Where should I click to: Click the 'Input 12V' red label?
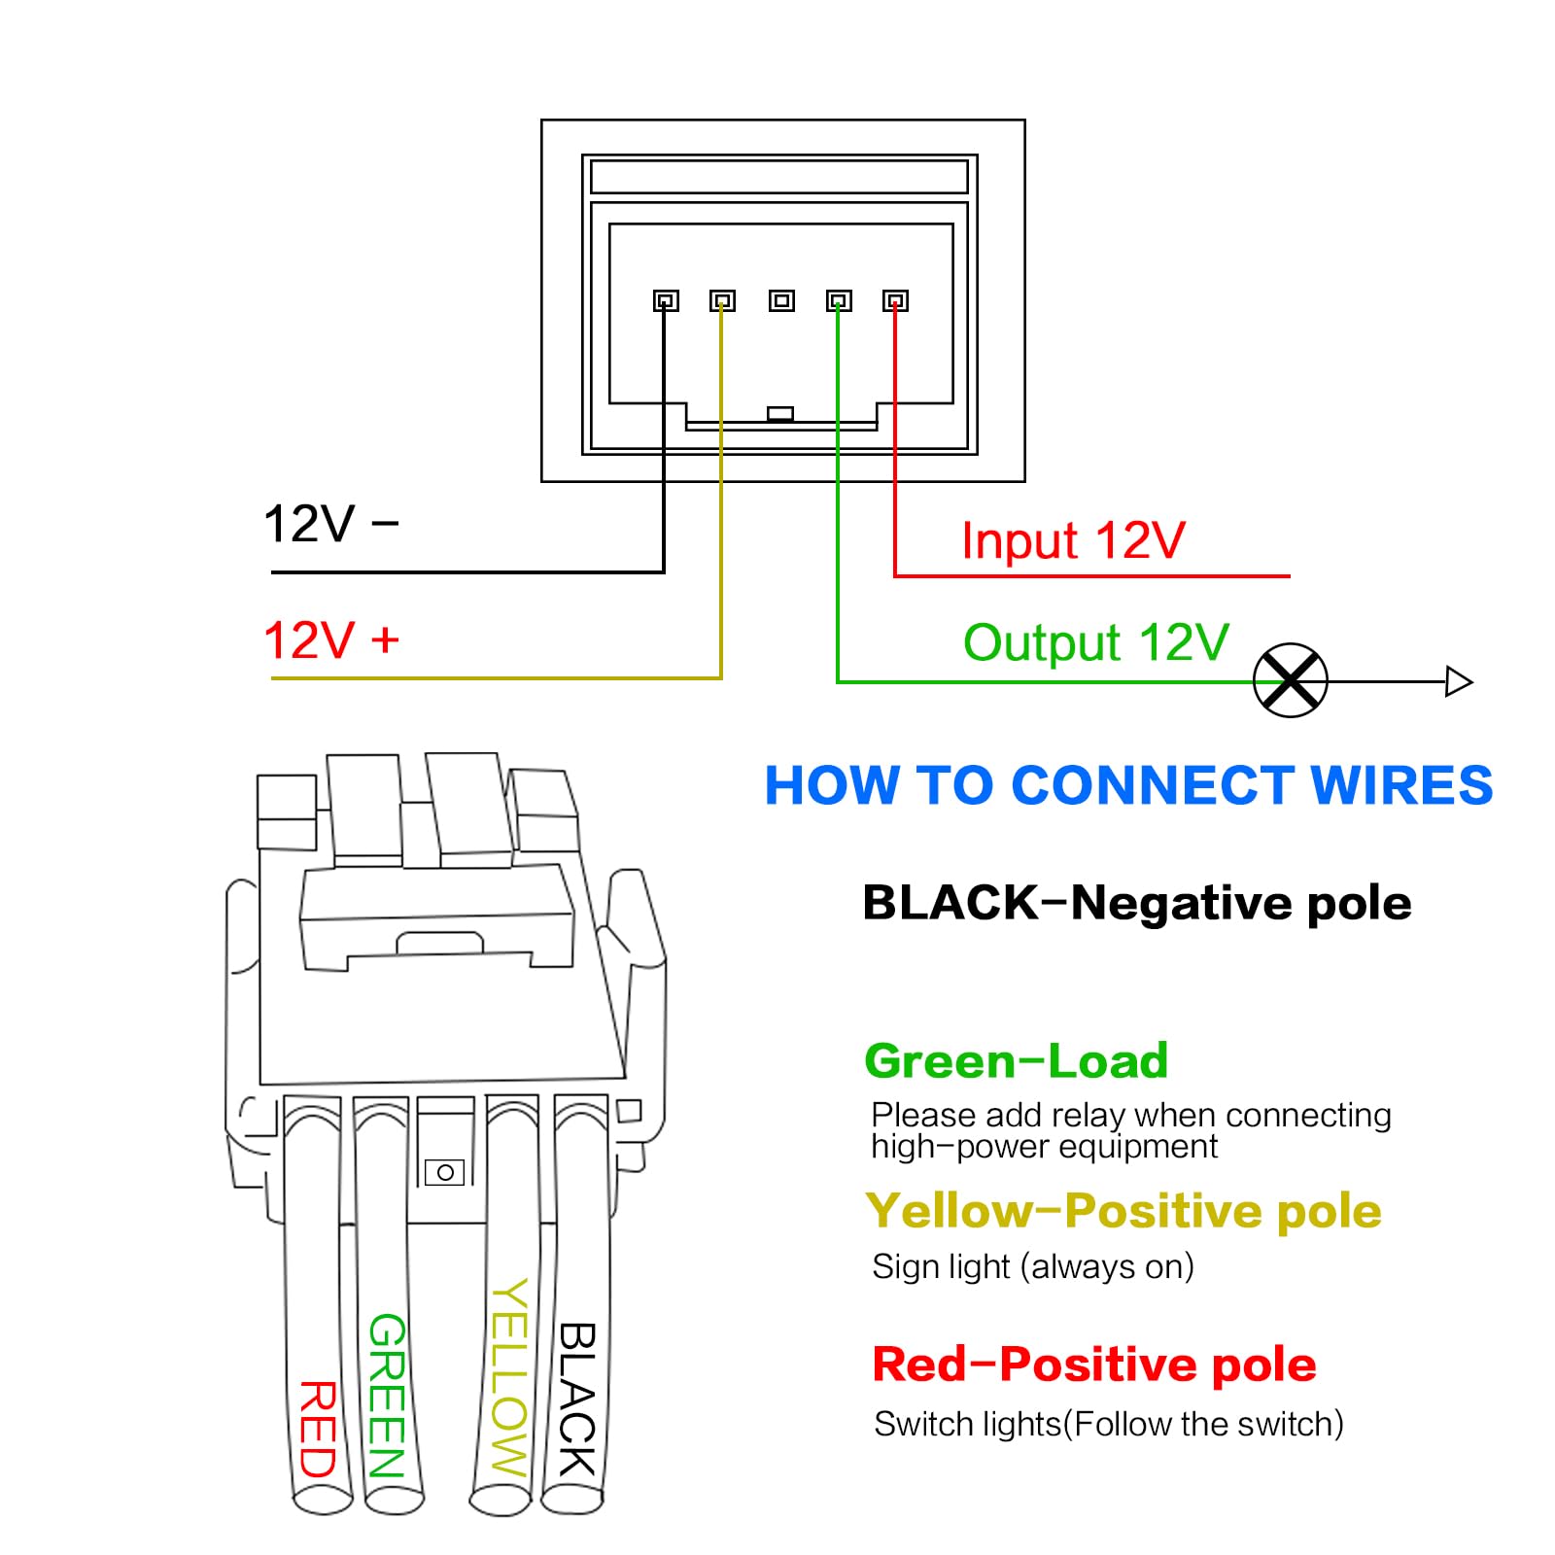coord(1072,540)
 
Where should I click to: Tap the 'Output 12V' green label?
coord(1095,642)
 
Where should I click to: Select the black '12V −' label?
coord(330,524)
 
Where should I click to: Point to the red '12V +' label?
coord(330,640)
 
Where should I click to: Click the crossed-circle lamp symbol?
coord(1290,680)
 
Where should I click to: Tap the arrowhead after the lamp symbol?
coord(1458,681)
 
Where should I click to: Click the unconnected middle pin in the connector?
coord(780,301)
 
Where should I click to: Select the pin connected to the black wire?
coord(666,301)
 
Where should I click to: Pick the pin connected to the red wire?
coord(895,301)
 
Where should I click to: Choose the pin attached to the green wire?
coord(839,301)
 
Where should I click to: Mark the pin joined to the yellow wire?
coord(722,301)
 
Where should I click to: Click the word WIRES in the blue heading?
coord(1400,785)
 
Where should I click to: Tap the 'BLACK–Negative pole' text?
coord(1136,903)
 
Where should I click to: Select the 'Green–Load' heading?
coord(1016,1060)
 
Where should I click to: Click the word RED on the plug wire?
coord(318,1429)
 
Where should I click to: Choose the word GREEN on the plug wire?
coord(387,1396)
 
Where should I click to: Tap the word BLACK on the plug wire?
coord(577,1399)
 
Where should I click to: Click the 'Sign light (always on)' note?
coord(1032,1266)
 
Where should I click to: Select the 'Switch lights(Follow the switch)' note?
coord(1108,1424)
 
